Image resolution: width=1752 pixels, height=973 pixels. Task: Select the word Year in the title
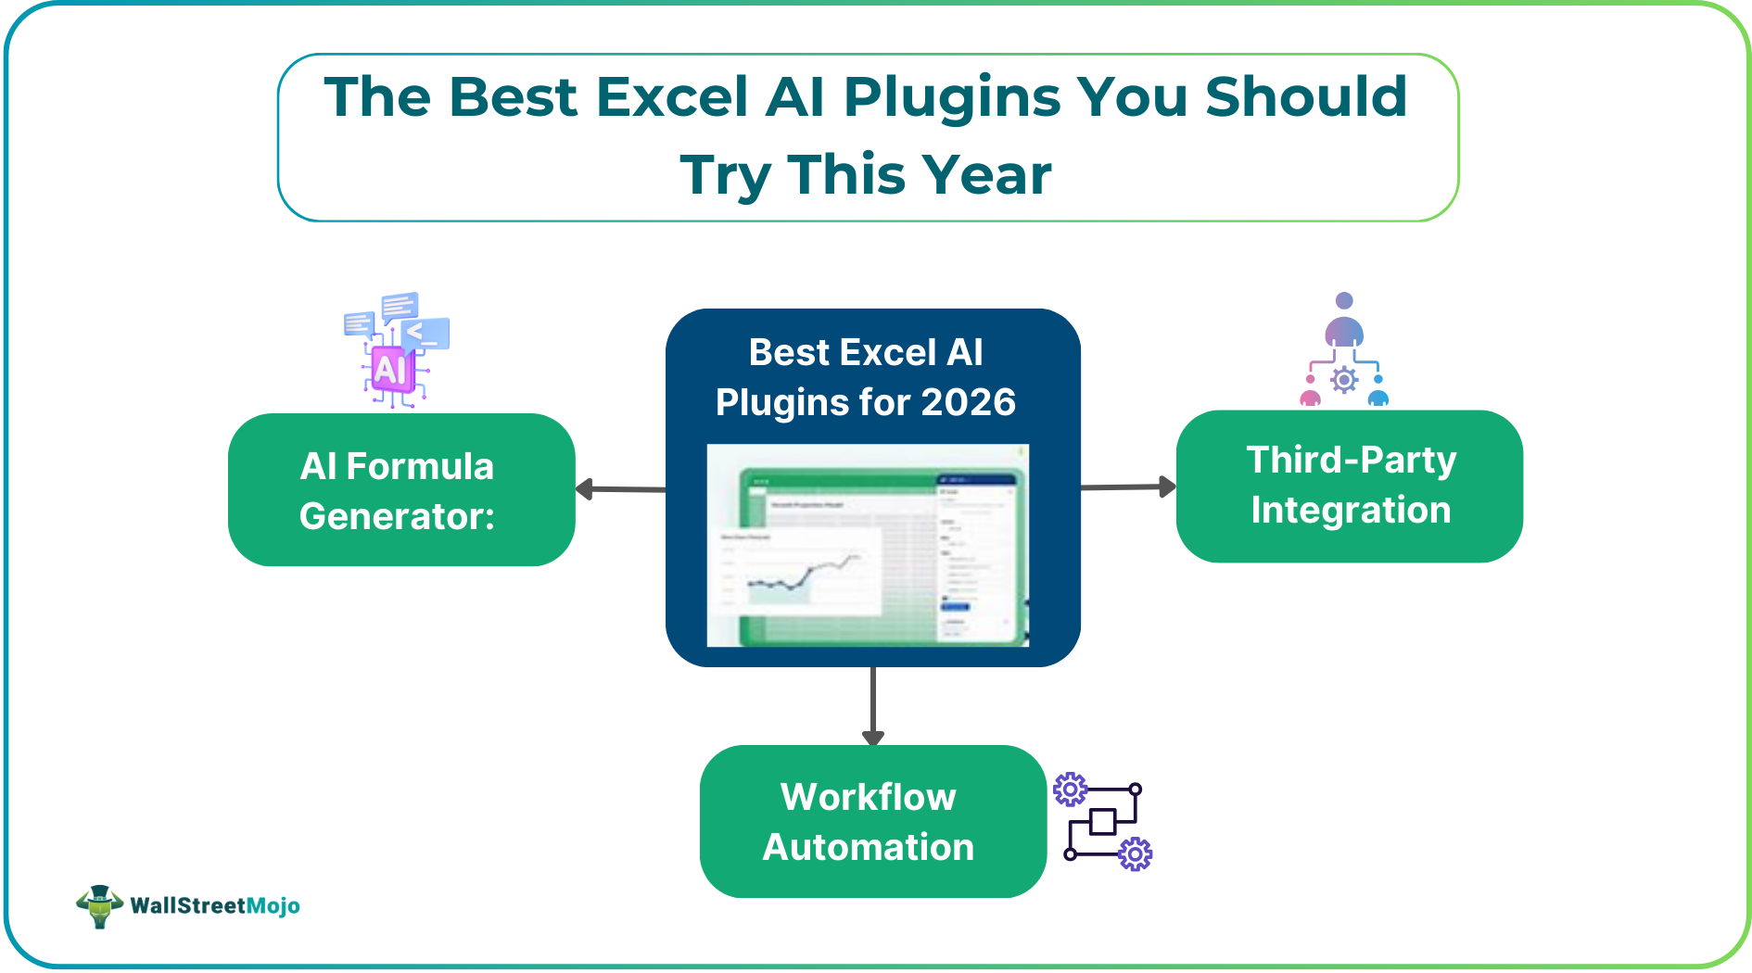click(986, 175)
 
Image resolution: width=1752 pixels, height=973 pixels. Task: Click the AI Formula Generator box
click(400, 489)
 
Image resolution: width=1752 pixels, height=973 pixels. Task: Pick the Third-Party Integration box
click(1349, 486)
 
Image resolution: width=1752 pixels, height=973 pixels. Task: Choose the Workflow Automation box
click(871, 821)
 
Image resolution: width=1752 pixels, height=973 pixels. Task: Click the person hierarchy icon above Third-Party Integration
click(1343, 352)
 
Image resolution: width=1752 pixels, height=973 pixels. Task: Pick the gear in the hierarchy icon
click(1343, 380)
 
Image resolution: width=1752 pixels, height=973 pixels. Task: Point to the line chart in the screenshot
click(803, 575)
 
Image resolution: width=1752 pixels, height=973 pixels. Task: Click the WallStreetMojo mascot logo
click(99, 905)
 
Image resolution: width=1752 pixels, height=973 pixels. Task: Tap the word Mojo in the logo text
click(273, 905)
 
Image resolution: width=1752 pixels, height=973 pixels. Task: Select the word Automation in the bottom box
click(869, 847)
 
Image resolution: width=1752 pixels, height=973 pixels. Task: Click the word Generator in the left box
click(396, 516)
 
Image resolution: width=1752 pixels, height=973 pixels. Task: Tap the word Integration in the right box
click(1350, 511)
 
